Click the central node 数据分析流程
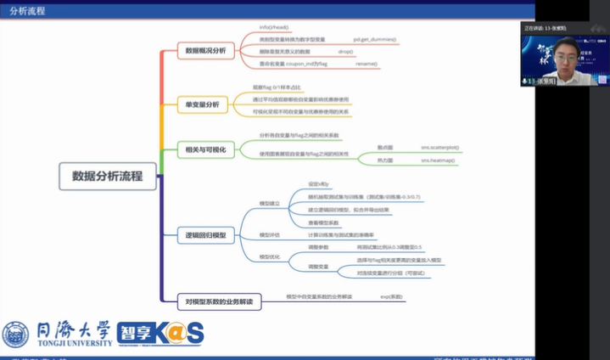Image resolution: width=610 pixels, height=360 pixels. (107, 177)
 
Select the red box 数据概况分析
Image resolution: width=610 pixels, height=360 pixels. (205, 51)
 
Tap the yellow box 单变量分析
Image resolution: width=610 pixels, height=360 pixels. (202, 104)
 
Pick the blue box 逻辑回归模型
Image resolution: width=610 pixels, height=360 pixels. (205, 234)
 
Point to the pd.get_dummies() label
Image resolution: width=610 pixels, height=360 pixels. (375, 40)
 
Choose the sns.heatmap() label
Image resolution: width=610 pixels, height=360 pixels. (438, 160)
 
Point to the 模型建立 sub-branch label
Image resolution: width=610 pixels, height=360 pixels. (269, 203)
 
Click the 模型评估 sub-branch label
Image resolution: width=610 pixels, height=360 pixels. (269, 234)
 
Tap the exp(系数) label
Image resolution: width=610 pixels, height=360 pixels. (391, 296)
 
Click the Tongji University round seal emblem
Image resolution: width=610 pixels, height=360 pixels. (15, 334)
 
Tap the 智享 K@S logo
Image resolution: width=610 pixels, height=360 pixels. (160, 333)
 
